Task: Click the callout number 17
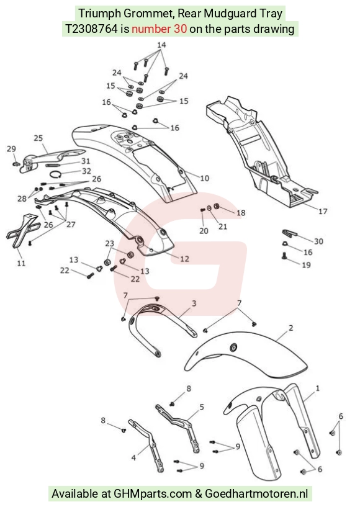(x=323, y=212)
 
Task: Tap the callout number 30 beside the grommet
(x=318, y=241)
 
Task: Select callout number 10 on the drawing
(x=204, y=178)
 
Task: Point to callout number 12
(x=184, y=259)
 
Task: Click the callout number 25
(x=38, y=138)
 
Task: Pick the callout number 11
(x=21, y=263)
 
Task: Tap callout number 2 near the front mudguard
(x=290, y=328)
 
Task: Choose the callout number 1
(x=317, y=388)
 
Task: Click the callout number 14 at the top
(x=161, y=45)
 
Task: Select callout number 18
(x=241, y=213)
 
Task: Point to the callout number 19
(x=306, y=265)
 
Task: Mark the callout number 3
(x=194, y=303)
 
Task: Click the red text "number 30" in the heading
(x=159, y=29)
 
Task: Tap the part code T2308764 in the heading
(x=91, y=29)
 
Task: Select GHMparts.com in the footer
(x=152, y=494)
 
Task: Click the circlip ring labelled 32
(x=55, y=174)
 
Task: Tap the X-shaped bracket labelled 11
(x=22, y=231)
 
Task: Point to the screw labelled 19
(x=285, y=256)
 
